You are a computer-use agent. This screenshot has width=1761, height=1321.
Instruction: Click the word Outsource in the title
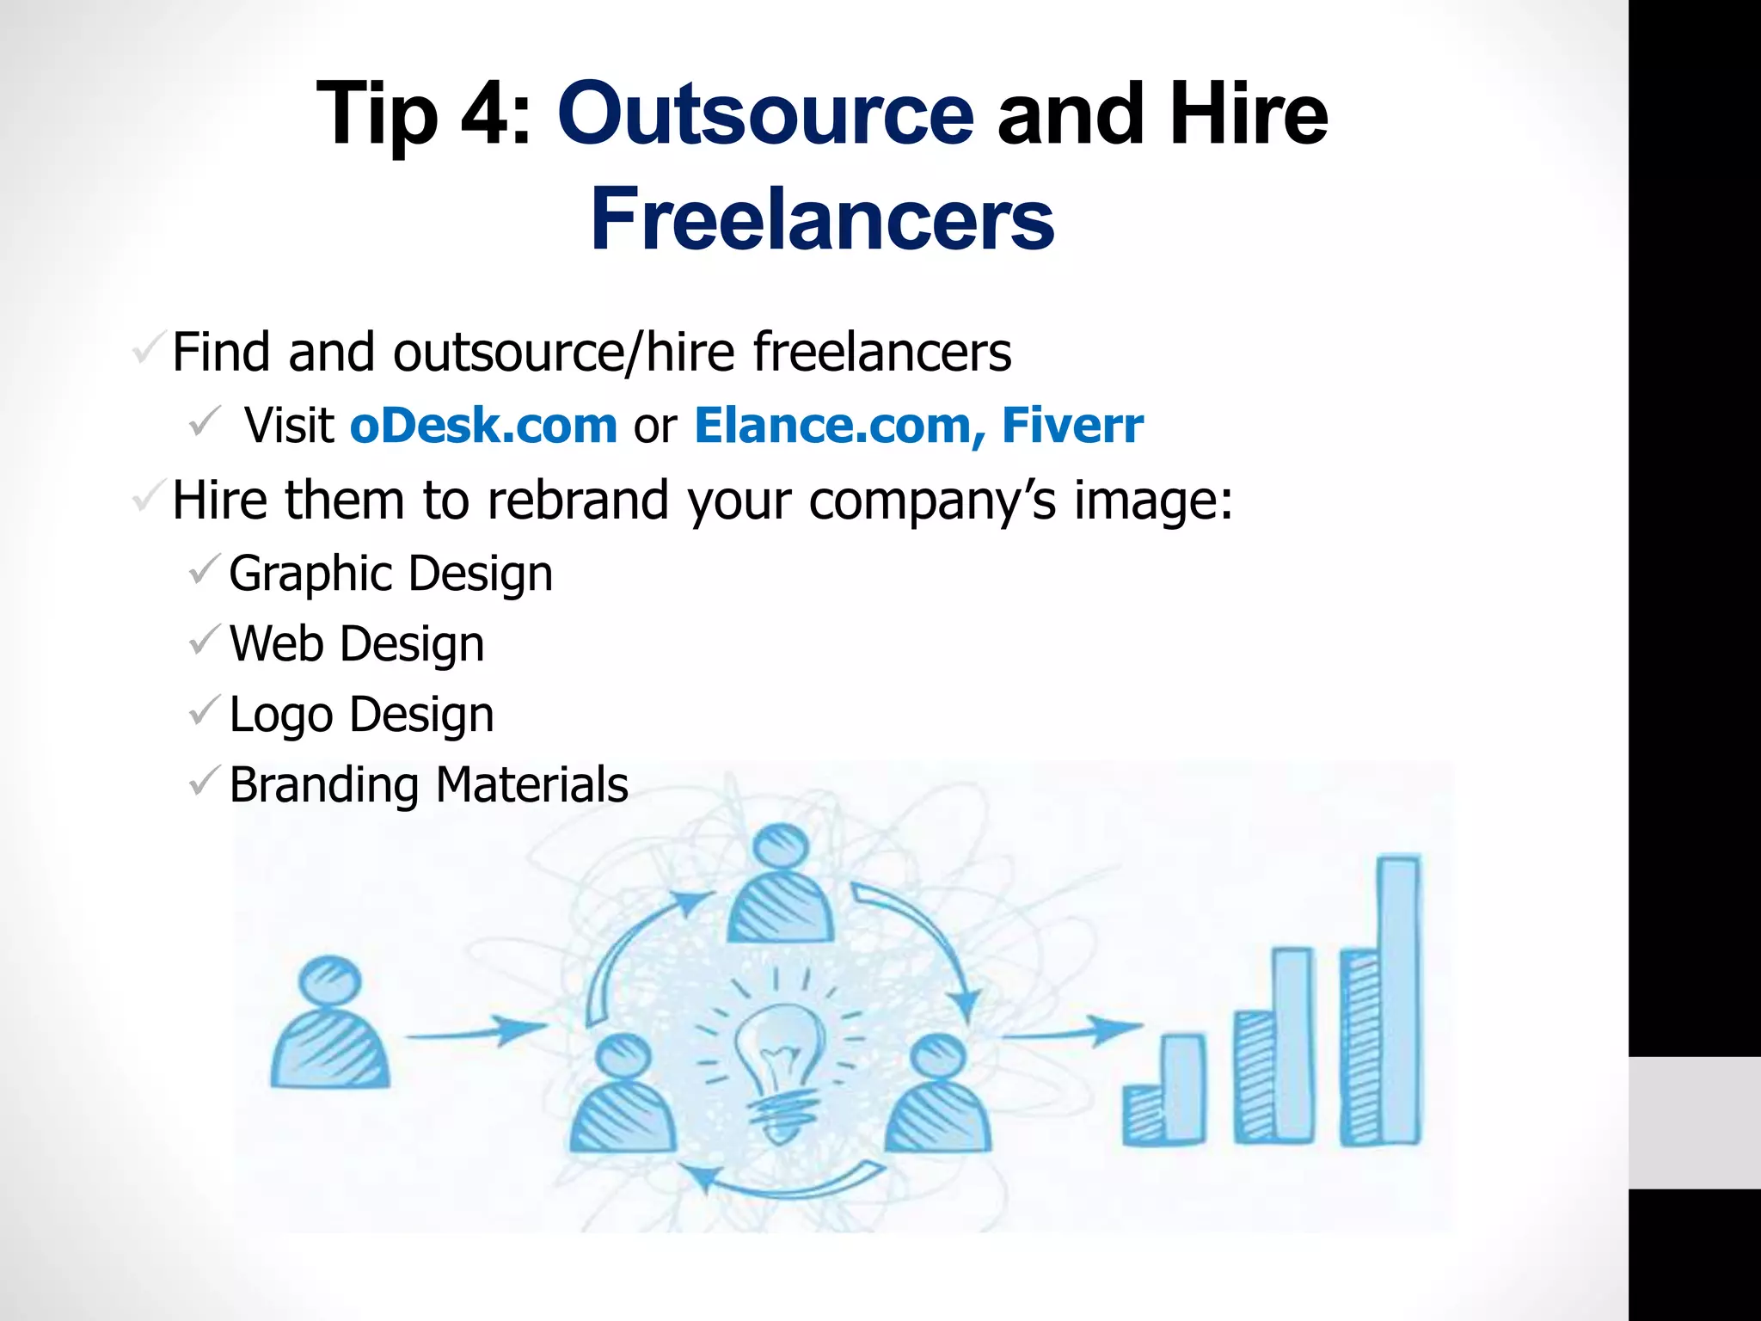765,114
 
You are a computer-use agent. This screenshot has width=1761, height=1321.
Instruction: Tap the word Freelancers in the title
822,219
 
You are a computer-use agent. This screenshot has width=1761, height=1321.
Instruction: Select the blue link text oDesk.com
483,426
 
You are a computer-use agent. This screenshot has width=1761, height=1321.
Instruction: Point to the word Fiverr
1072,426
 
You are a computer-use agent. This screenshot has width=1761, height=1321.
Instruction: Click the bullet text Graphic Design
390,574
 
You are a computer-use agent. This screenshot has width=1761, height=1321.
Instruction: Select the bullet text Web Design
357,644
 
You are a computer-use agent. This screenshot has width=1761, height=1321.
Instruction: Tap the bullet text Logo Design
361,715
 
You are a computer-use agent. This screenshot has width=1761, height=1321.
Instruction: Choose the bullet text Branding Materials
428,785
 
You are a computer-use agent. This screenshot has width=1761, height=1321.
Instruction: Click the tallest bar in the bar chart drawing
1399,998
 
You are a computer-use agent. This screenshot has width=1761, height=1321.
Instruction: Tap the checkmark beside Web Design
205,641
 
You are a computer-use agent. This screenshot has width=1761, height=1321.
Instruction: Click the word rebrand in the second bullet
577,501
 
